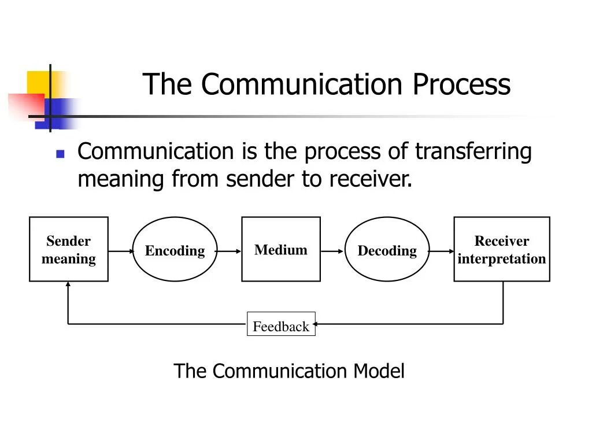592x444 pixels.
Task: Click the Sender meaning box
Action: [x=68, y=249]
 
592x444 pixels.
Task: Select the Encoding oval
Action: [x=175, y=250]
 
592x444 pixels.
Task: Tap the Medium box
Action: [x=280, y=249]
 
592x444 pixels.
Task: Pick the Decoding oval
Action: [x=387, y=250]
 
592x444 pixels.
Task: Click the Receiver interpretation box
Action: [x=501, y=249]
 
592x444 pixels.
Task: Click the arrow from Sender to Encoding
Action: [x=120, y=251]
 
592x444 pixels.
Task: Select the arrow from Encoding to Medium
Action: [x=229, y=251]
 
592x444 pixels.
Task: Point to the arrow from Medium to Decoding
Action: [x=332, y=251]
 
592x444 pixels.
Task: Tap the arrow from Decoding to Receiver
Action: [x=442, y=251]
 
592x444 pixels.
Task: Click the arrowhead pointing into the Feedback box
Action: [x=319, y=324]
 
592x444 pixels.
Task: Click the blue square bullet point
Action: [x=60, y=154]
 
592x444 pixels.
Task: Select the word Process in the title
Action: [x=461, y=84]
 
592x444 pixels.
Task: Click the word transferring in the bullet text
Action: [x=473, y=151]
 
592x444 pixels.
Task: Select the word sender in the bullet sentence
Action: [x=260, y=180]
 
